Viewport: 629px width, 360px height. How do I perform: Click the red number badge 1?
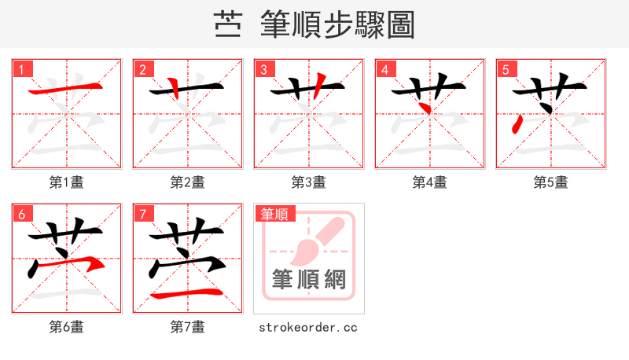22,69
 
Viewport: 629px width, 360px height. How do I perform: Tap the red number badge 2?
143,69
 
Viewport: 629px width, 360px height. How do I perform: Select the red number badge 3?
264,69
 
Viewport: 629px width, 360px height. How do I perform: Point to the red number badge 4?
385,69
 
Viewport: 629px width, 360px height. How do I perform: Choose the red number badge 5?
506,69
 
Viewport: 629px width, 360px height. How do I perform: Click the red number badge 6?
22,214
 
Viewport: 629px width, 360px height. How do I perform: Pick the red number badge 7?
143,214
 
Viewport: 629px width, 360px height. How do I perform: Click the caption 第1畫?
67,182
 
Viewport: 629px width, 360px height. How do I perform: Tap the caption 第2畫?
188,182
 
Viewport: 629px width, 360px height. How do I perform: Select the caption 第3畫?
309,182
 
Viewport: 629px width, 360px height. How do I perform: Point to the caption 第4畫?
430,182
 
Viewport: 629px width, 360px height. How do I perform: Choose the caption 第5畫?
551,182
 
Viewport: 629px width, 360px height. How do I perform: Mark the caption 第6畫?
67,327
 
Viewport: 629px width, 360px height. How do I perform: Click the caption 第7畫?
188,327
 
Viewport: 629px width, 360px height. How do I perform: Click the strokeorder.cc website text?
308,327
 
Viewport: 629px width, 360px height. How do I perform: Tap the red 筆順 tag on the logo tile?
274,214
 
